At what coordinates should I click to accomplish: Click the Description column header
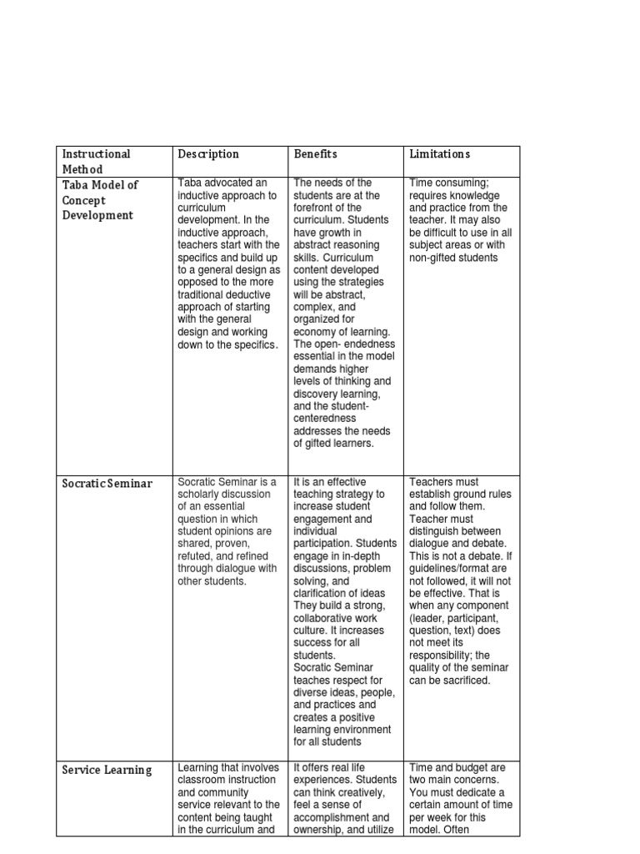[x=208, y=154]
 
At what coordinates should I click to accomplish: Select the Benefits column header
[x=314, y=154]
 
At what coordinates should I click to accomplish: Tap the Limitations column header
[x=439, y=154]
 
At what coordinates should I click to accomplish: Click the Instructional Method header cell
[x=96, y=161]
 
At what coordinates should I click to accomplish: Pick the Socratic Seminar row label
[x=107, y=484]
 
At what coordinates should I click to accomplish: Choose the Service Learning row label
[x=107, y=771]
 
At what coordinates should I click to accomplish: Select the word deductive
[x=252, y=295]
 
